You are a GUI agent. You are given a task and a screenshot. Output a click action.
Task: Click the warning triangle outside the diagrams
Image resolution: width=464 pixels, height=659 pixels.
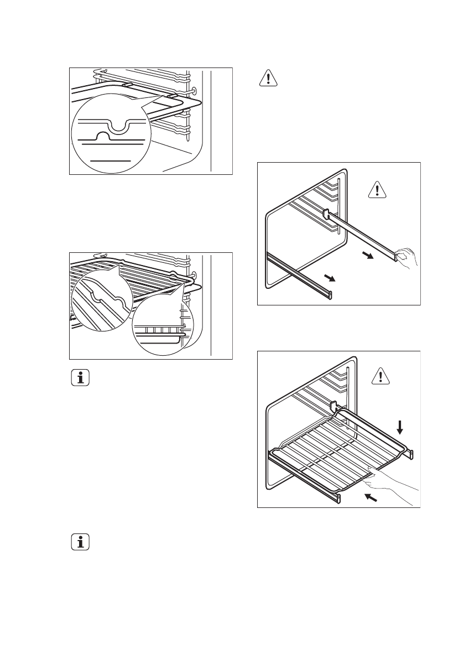pyautogui.click(x=268, y=79)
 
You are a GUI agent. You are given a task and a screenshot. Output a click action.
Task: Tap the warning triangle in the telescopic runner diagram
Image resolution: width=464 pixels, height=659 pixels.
pyautogui.click(x=377, y=190)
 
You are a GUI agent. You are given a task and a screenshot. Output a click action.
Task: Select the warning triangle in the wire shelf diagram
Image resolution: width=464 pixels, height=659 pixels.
pyautogui.click(x=380, y=377)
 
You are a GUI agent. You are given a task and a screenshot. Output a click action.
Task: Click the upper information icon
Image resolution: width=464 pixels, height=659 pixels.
pyautogui.click(x=82, y=379)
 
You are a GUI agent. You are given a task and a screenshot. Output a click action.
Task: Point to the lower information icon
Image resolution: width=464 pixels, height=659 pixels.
pyautogui.click(x=82, y=542)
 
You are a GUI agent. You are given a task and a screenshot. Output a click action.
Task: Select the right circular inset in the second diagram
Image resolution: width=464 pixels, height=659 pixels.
pyautogui.click(x=164, y=327)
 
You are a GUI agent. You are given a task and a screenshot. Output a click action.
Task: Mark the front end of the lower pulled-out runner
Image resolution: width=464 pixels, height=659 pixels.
pyautogui.click(x=330, y=294)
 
